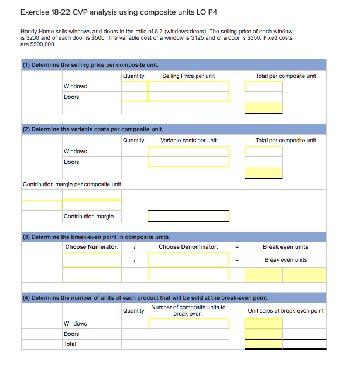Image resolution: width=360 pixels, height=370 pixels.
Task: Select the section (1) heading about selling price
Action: (91, 65)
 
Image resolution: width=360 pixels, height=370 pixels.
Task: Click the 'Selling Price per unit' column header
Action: (188, 76)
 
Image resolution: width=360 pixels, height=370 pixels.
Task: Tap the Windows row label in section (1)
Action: (75, 87)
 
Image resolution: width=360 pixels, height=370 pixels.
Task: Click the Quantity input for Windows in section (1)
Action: (134, 87)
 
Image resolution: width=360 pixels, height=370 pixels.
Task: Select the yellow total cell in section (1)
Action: (263, 108)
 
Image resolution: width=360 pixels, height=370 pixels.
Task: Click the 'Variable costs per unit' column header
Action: (188, 140)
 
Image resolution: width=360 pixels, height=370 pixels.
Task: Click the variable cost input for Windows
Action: (188, 151)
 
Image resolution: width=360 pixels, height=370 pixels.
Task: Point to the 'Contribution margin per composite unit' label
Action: (71, 184)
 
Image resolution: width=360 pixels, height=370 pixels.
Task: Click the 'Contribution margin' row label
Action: (88, 217)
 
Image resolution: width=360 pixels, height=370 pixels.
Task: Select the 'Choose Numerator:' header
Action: (91, 247)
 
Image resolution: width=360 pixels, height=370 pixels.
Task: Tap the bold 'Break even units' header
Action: (285, 247)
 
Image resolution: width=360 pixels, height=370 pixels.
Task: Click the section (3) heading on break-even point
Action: (97, 237)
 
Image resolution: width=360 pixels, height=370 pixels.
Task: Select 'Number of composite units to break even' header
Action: (188, 310)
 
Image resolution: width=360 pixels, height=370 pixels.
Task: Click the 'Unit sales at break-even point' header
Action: (285, 310)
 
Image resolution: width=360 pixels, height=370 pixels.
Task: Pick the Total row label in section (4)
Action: (71, 344)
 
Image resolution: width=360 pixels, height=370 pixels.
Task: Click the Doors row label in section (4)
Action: (71, 334)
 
